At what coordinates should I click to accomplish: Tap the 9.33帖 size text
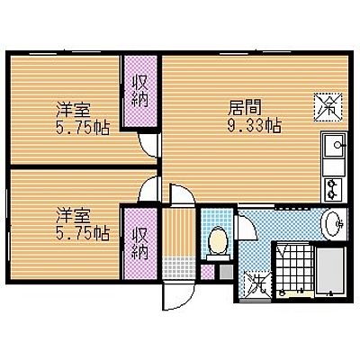(x=254, y=125)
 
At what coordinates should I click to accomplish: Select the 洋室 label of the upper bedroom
(x=73, y=110)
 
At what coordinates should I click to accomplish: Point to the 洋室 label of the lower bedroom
(x=73, y=217)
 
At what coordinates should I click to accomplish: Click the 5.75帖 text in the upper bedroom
(x=83, y=128)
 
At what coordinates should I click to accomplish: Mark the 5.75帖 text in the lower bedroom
(x=83, y=233)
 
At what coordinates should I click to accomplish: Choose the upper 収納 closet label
(x=140, y=91)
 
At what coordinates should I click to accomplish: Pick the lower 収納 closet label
(x=140, y=243)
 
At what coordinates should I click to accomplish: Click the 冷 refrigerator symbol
(x=328, y=107)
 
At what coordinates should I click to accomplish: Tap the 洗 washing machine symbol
(x=257, y=284)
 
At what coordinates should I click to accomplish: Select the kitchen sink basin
(x=335, y=145)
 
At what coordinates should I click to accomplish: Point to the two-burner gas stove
(x=334, y=190)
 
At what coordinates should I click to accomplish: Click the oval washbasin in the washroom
(x=332, y=224)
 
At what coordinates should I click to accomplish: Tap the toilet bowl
(x=219, y=242)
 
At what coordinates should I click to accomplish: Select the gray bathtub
(x=331, y=270)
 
